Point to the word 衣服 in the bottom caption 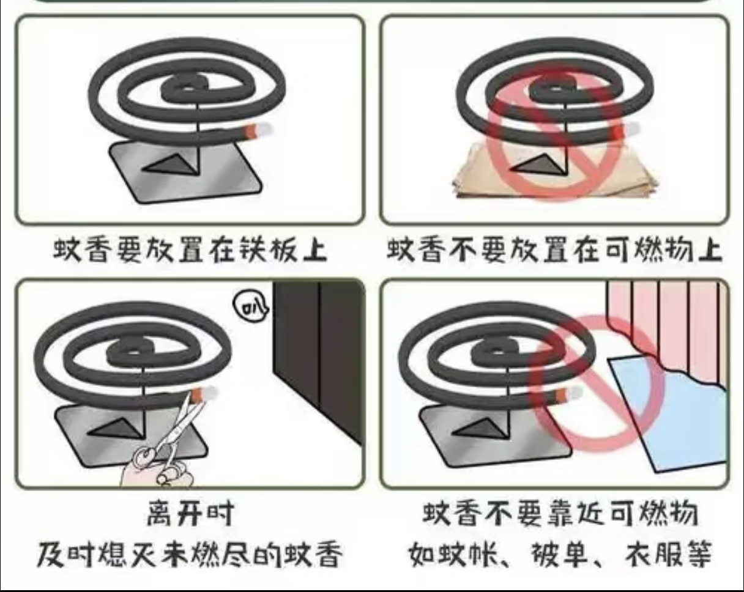point(653,553)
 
